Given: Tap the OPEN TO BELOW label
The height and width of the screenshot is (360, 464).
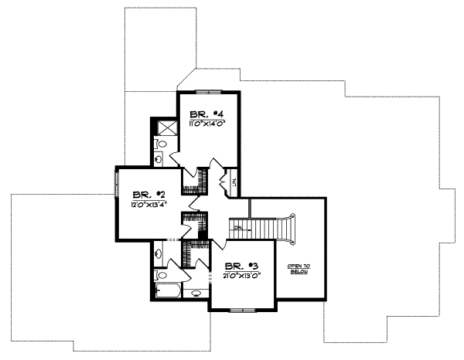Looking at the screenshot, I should [299, 269].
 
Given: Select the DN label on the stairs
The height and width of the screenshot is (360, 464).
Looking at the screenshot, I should [239, 229].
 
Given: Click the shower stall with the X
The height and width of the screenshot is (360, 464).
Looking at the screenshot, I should [165, 127].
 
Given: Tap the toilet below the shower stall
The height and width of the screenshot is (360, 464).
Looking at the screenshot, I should [161, 144].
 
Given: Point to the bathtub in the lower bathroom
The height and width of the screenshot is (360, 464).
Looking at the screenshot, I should [168, 292].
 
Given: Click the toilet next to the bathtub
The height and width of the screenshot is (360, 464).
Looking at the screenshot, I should [161, 274].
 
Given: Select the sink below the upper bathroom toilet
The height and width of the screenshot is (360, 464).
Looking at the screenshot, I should [159, 160].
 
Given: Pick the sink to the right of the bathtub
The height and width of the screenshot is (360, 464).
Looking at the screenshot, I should [196, 293].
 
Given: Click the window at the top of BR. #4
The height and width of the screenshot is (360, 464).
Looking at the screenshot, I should [208, 92].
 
